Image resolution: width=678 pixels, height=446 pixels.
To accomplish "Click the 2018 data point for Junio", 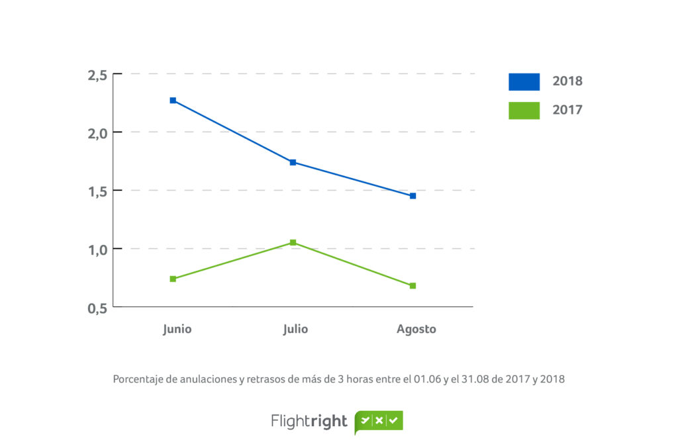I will pyautogui.click(x=173, y=101).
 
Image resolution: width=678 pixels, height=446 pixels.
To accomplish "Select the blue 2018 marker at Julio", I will pyautogui.click(x=293, y=162).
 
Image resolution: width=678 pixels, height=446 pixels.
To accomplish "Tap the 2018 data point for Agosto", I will pyautogui.click(x=412, y=196).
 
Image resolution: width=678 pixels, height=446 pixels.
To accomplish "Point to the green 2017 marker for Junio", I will pyautogui.click(x=173, y=279).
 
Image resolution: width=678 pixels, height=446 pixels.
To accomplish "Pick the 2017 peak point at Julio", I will pyautogui.click(x=293, y=243).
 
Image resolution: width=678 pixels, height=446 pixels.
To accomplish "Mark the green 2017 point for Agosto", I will pyautogui.click(x=412, y=286).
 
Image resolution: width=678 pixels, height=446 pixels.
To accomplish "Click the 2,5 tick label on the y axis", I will pyautogui.click(x=97, y=75).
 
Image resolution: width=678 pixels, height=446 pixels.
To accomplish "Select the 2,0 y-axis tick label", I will pyautogui.click(x=97, y=133).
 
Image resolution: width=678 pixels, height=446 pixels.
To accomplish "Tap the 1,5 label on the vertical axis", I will pyautogui.click(x=97, y=191).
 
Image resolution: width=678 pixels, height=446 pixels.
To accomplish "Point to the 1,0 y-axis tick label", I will pyautogui.click(x=97, y=249).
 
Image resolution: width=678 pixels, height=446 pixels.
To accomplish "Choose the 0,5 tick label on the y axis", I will pyautogui.click(x=97, y=308).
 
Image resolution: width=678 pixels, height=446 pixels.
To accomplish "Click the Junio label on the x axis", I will pyautogui.click(x=177, y=329).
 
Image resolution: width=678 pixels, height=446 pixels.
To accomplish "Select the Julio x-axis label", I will pyautogui.click(x=295, y=329).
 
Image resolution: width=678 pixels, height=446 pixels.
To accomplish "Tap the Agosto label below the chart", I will pyautogui.click(x=416, y=329).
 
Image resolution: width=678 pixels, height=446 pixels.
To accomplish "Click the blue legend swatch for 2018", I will pyautogui.click(x=524, y=81).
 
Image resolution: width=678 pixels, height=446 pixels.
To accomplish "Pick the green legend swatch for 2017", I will pyautogui.click(x=524, y=110).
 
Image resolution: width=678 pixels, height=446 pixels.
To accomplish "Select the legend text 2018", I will pyautogui.click(x=567, y=81).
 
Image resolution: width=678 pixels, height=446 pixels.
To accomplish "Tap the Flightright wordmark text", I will pyautogui.click(x=309, y=422).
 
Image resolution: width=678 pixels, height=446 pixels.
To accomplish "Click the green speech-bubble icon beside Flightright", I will pyautogui.click(x=379, y=421).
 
